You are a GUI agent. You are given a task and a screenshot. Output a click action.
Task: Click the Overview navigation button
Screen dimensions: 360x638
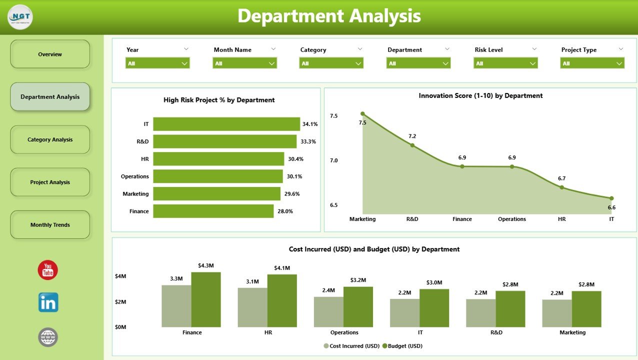pos(50,54)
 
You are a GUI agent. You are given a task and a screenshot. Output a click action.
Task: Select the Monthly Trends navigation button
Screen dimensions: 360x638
pos(50,225)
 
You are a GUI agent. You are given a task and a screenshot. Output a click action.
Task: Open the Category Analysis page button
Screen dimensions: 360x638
pos(50,139)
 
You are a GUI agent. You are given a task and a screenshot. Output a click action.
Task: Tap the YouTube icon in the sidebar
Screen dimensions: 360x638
pos(48,270)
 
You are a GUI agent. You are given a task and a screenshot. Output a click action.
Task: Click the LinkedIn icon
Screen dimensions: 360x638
pos(48,302)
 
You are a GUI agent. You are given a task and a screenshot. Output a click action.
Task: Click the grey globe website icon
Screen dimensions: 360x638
pos(48,337)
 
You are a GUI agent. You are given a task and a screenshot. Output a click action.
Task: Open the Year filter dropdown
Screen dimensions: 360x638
pos(157,63)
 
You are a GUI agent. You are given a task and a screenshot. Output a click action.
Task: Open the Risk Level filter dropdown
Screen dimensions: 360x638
pos(505,63)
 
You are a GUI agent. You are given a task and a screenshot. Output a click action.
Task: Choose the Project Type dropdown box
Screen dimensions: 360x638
pos(592,63)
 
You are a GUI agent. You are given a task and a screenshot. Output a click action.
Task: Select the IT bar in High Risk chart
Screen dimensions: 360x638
pos(226,124)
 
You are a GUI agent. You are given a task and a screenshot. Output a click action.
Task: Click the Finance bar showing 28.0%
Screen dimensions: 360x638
pos(213,211)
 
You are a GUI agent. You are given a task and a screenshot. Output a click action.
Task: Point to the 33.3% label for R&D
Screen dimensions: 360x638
pos(308,141)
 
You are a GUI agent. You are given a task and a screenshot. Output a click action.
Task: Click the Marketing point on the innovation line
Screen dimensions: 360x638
pos(362,114)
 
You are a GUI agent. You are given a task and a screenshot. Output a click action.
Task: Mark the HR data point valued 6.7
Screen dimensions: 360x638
pos(561,187)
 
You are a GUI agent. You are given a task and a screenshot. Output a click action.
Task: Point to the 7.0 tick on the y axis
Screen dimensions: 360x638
pos(333,160)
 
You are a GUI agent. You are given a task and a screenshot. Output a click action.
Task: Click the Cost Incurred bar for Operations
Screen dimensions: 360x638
pos(328,311)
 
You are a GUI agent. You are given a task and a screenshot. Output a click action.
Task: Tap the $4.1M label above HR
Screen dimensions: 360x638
pos(282,268)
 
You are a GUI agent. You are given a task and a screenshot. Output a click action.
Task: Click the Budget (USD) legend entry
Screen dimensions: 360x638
pos(402,346)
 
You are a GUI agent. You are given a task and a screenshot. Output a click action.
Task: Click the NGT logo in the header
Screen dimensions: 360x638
pos(20,17)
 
